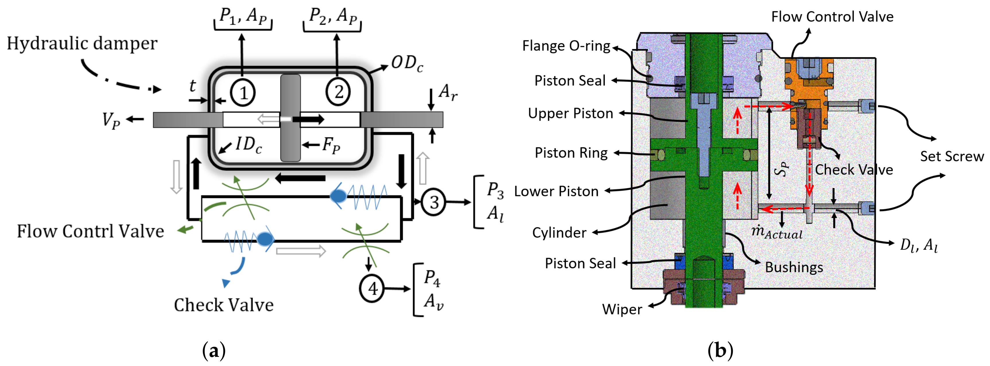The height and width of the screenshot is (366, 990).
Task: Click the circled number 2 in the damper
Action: (338, 92)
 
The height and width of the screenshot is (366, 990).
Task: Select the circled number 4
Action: (372, 289)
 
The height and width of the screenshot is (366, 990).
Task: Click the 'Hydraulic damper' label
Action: (82, 43)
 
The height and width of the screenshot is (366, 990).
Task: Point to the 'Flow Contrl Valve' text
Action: (90, 231)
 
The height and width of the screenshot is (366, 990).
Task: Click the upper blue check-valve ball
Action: (338, 196)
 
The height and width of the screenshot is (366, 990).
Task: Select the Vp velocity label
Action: (111, 120)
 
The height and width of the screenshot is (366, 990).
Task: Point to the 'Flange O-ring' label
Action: (566, 46)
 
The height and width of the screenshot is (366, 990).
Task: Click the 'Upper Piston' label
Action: (570, 113)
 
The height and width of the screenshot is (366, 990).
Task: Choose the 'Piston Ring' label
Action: (571, 153)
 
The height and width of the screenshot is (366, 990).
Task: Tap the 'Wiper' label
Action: (622, 309)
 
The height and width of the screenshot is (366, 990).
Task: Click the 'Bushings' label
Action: (794, 267)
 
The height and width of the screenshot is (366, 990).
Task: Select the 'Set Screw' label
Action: (952, 156)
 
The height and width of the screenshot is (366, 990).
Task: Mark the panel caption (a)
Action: (214, 350)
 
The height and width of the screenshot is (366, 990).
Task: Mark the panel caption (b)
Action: (720, 350)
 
